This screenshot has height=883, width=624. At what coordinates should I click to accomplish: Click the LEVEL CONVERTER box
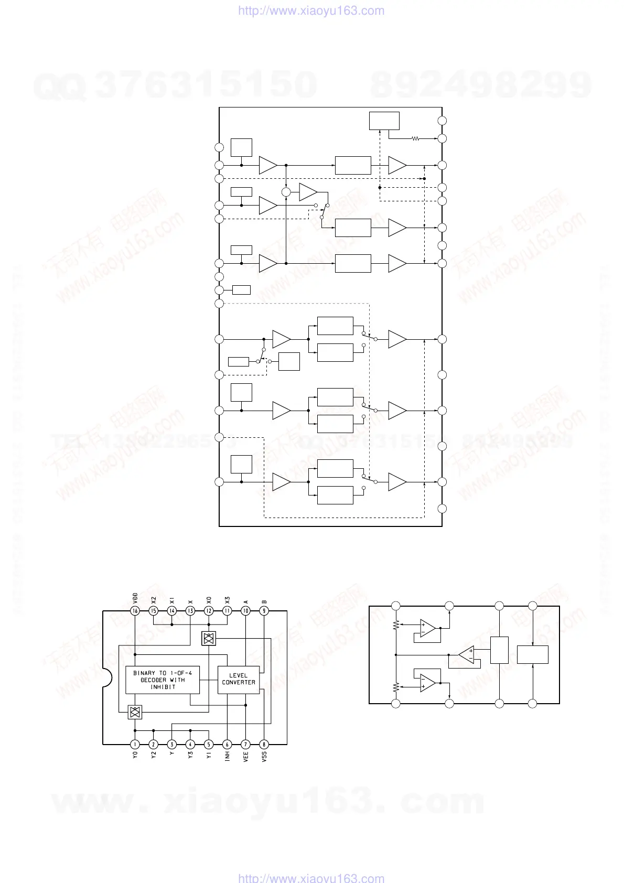238,679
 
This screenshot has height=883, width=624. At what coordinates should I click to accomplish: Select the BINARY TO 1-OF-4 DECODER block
163,680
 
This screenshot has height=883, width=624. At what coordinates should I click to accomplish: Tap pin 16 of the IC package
135,610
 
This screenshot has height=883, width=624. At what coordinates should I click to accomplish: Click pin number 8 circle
264,744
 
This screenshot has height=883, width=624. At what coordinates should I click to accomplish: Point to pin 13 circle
190,610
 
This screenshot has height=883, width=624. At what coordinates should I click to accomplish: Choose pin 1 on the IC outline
135,744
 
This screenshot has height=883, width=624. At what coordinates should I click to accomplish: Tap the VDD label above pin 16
135,597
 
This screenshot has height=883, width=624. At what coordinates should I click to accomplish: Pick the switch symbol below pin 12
209,638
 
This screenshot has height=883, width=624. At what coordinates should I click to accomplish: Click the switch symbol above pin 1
135,712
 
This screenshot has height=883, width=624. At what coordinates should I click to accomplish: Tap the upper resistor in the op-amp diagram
396,625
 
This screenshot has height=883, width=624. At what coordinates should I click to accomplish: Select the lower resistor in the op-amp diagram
396,686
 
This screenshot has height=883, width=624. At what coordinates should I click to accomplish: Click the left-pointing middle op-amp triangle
467,654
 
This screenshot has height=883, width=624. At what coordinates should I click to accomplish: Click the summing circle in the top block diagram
286,192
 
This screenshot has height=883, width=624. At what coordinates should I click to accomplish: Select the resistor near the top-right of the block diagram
415,139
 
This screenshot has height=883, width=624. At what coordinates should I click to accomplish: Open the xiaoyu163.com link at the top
311,10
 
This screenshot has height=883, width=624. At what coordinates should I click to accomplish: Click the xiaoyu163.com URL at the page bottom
311,878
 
